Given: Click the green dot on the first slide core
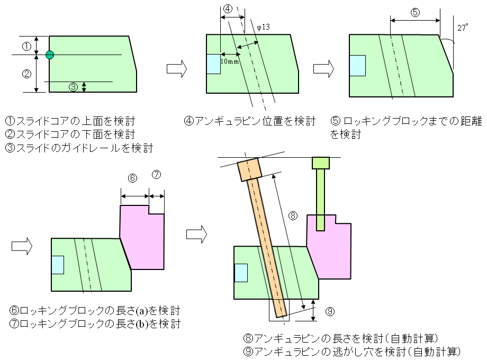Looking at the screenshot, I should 50,55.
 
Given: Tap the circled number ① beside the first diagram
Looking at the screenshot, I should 26,46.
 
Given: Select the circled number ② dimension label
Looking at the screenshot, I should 26,74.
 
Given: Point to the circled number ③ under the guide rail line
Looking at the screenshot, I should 74,86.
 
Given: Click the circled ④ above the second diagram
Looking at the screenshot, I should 227,9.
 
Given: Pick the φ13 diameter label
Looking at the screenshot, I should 263,27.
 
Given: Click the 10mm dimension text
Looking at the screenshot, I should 229,61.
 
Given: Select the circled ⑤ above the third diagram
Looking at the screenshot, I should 415,12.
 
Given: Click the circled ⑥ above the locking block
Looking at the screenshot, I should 133,178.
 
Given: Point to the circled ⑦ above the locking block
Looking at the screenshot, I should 156,174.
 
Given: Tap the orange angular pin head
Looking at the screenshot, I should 249,169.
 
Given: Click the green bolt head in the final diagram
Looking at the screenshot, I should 321,163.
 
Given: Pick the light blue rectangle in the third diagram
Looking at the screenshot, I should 358,65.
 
